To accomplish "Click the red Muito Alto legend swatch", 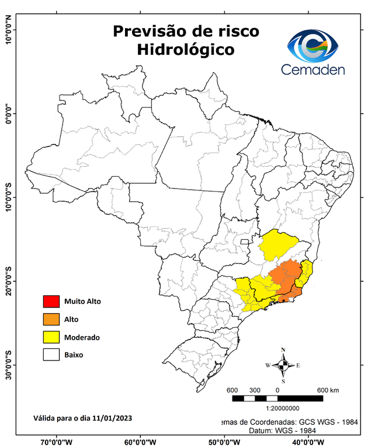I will tap(51, 302).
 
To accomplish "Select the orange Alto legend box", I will tap(51, 319).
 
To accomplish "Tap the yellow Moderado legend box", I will tap(51, 337).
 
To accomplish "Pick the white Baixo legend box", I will tap(51, 354).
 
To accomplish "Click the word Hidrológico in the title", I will tap(186, 50).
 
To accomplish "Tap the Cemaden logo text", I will tap(313, 69).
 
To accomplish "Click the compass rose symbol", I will tap(283, 365).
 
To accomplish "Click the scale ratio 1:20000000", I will tap(283, 409).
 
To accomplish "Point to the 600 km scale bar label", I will tap(327, 390).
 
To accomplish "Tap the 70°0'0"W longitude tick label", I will tap(57, 442).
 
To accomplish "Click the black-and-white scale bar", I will tap(277, 398).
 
